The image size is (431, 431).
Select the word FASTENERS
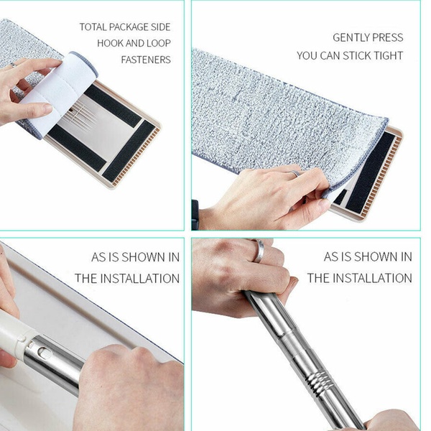tap(146, 60)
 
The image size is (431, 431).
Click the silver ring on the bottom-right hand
tap(259, 251)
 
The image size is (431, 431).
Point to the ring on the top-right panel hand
tap(295, 173)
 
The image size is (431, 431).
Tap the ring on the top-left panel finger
tap(13, 65)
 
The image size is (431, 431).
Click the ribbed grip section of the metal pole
tap(318, 379)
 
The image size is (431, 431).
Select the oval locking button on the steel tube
tap(44, 353)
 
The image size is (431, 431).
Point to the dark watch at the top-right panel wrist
tap(195, 215)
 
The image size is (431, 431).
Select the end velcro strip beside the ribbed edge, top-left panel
tap(129, 152)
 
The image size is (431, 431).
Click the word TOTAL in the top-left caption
tap(93, 27)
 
